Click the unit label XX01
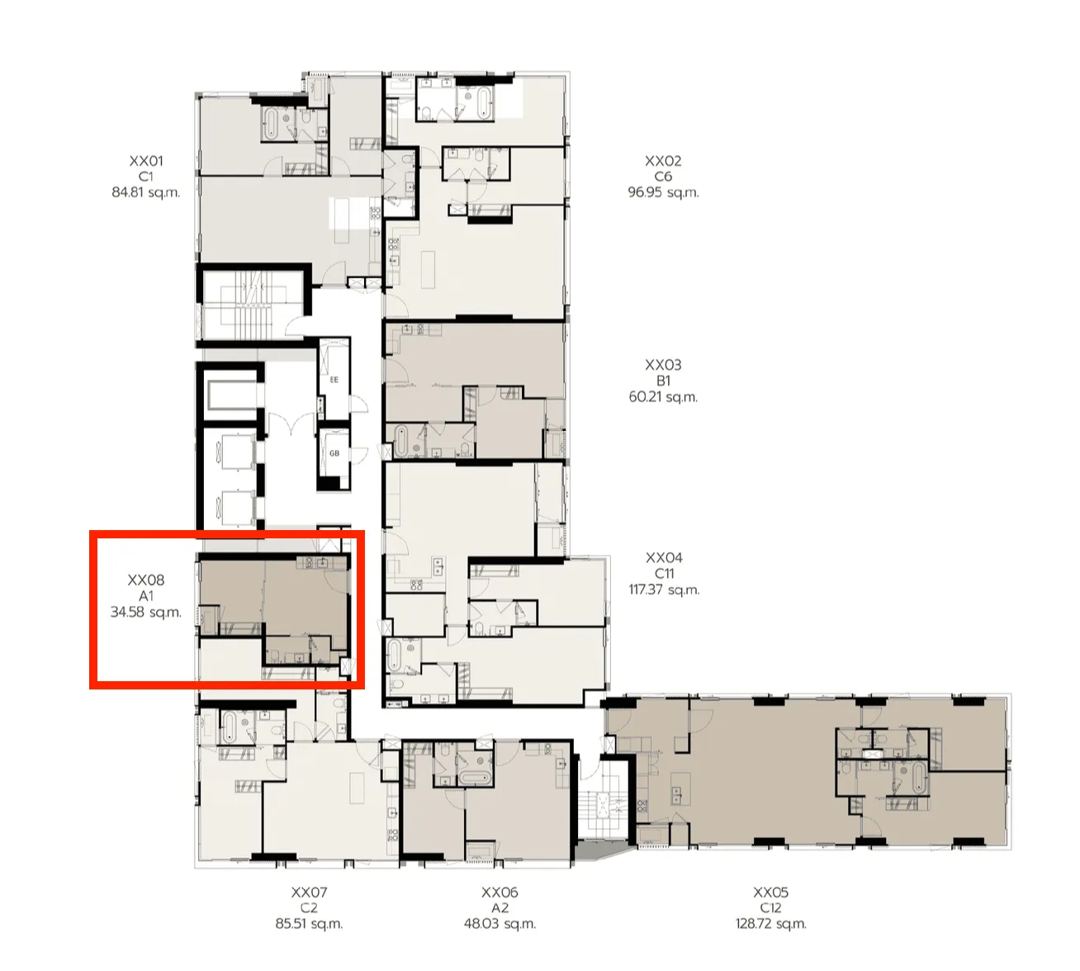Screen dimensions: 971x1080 [146, 161]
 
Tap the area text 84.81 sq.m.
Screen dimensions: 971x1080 [146, 192]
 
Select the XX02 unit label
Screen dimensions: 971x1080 [663, 161]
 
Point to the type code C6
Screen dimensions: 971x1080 [663, 177]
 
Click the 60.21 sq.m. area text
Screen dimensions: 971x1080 [663, 397]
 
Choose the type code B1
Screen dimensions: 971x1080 [663, 381]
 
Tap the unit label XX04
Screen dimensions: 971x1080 [664, 558]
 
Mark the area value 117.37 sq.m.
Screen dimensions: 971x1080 [664, 590]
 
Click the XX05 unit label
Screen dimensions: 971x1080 [770, 893]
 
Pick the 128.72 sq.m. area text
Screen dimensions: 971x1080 [770, 924]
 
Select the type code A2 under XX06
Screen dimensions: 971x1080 [500, 908]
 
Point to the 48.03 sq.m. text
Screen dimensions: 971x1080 [500, 924]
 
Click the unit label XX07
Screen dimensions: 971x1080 [309, 893]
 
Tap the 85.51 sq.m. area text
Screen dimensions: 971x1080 [309, 924]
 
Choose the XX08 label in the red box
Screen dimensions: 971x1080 [146, 580]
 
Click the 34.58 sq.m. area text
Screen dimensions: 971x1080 [146, 613]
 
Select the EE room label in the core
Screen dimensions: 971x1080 [334, 381]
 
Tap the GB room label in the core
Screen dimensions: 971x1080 [334, 453]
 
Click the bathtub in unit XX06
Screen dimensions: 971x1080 [475, 778]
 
